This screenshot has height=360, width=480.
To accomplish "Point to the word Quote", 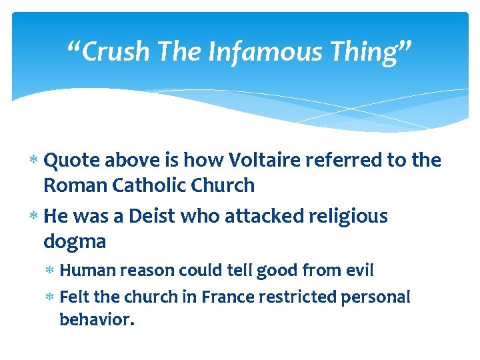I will [69, 161].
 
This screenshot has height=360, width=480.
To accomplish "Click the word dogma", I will [75, 241].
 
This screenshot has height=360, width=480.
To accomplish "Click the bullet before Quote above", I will [34, 161].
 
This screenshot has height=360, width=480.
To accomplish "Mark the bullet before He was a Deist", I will [34, 217].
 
